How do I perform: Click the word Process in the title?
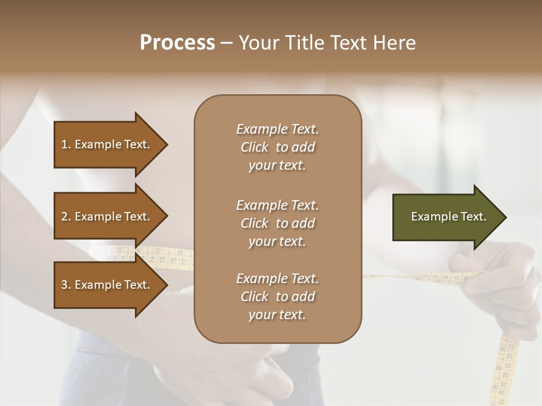[177, 43]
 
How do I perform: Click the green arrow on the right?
[446, 217]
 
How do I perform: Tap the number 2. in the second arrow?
[65, 217]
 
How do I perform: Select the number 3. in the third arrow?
[65, 285]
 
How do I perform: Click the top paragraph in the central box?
[277, 147]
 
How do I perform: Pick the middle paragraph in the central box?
[277, 223]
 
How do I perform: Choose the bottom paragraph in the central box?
[277, 297]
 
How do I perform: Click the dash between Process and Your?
[226, 43]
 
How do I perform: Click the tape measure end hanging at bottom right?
[505, 367]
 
